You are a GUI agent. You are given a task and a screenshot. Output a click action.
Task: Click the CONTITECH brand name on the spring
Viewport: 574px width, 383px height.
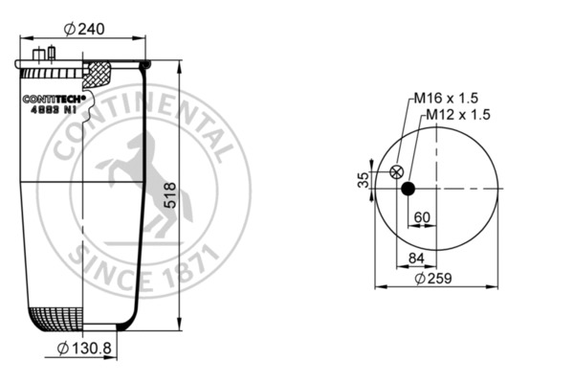pyautogui.click(x=54, y=98)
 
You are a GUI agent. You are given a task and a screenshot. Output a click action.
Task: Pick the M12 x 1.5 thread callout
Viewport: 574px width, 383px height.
pyautogui.click(x=457, y=114)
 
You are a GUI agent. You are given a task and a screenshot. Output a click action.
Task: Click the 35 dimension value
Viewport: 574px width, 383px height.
pyautogui.click(x=364, y=179)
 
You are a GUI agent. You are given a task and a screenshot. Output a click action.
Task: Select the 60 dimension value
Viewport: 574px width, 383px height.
pyautogui.click(x=421, y=217)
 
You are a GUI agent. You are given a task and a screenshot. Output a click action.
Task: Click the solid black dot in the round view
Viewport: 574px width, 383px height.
pyautogui.click(x=408, y=189)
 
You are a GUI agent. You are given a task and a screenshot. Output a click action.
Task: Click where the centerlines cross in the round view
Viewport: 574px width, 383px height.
pyautogui.click(x=436, y=189)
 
